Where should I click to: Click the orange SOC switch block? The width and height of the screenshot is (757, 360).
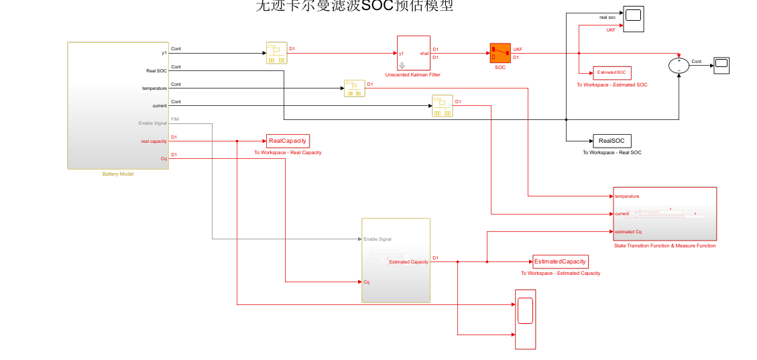pos(500,53)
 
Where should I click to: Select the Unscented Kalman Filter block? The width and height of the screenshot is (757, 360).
pos(413,53)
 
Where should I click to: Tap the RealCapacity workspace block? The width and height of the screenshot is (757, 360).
pos(288,141)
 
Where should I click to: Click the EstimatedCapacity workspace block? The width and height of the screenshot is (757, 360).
pos(560,261)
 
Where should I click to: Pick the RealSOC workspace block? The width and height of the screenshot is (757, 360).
pos(612,141)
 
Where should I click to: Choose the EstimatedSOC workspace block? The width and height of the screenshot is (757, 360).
pos(612,72)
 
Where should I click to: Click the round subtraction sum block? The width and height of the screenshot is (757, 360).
pos(679,65)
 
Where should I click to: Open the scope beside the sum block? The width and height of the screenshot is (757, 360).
pos(721,65)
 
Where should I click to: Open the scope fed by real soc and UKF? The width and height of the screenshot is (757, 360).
pos(633,19)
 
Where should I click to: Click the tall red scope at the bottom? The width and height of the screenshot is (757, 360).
pos(525,319)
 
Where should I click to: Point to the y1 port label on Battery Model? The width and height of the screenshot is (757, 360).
pos(164,53)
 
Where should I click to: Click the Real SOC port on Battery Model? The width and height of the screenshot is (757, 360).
pos(156,70)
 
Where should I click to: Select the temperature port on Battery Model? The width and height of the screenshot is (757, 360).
pos(154,88)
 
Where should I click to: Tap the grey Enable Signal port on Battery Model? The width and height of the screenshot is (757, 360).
pos(152,123)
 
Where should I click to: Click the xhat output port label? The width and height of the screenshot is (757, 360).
pos(424,53)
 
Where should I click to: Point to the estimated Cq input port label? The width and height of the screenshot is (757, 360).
pos(629,231)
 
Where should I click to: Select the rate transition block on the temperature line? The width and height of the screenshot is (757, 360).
pos(354,88)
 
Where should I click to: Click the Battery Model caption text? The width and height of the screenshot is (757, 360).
pos(118,174)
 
